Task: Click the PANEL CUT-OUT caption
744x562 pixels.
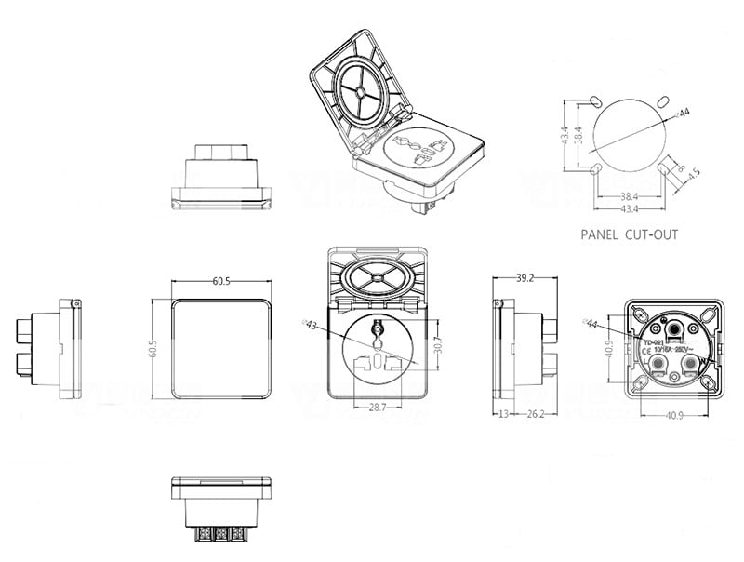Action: coord(629,235)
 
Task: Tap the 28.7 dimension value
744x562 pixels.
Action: coord(377,408)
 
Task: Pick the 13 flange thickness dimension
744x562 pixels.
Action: coord(503,413)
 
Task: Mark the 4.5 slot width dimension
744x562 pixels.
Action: coord(694,173)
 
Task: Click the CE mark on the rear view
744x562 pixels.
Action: coord(647,352)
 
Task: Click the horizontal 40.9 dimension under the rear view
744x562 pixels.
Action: coord(675,413)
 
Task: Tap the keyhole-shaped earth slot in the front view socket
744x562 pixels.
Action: coord(378,330)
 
